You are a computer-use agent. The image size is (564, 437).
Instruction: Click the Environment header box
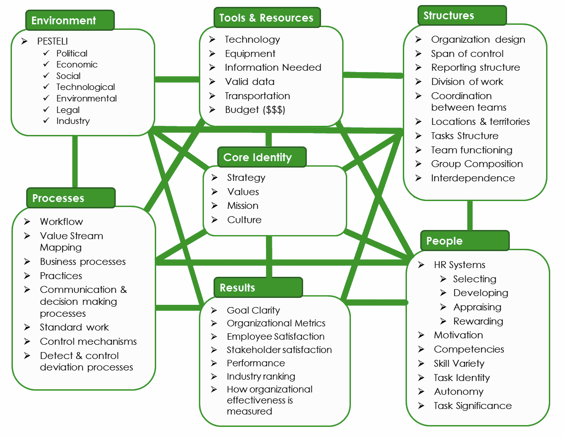click(70, 20)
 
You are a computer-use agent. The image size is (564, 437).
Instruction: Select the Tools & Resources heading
click(267, 17)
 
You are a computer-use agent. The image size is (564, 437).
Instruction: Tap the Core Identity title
click(262, 157)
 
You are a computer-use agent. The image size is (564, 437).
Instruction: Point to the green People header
click(465, 241)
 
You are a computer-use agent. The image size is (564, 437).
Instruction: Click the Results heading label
click(258, 287)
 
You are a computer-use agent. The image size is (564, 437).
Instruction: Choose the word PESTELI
click(52, 41)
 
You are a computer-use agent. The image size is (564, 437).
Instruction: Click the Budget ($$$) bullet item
click(255, 110)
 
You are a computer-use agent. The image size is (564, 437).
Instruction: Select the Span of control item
click(467, 54)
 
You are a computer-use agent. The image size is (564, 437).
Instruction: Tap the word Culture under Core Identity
click(244, 220)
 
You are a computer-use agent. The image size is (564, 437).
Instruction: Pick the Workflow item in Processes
click(62, 222)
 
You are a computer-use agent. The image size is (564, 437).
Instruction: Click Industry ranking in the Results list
click(261, 376)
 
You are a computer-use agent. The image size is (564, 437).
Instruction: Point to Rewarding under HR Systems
click(478, 321)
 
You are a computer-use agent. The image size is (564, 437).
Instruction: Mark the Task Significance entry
click(473, 406)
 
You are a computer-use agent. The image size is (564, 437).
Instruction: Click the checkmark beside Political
click(46, 53)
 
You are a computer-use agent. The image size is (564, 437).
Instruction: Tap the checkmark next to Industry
click(46, 120)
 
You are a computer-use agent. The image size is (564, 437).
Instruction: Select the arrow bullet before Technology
click(212, 39)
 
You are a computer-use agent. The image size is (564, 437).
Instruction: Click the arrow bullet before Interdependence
click(418, 178)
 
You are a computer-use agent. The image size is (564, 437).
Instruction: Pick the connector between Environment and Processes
click(75, 162)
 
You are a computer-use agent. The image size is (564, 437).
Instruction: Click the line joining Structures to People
click(470, 215)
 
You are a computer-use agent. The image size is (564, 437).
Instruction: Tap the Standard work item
click(74, 327)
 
